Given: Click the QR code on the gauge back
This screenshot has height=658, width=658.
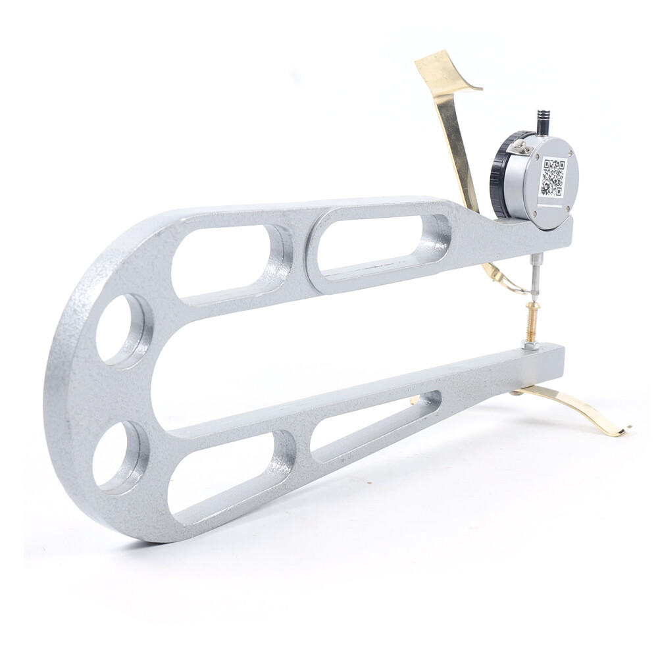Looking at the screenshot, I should pyautogui.click(x=553, y=176).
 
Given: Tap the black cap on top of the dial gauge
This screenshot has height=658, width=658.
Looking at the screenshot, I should pyautogui.click(x=544, y=122).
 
